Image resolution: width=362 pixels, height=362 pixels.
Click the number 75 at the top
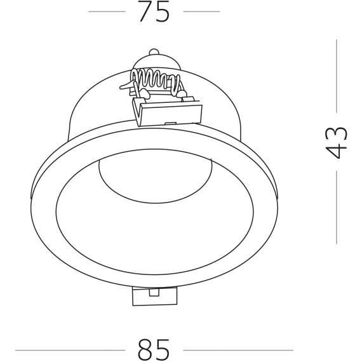click(154, 12)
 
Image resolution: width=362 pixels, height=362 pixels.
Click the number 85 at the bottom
click(154, 349)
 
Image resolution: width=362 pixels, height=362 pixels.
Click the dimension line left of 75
click(106, 11)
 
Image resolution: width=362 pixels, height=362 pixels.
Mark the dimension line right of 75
click(201, 11)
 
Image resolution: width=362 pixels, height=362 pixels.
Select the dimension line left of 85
click(69, 349)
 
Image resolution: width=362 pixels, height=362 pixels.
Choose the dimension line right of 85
click(238, 349)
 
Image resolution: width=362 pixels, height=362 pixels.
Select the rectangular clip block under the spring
click(168, 112)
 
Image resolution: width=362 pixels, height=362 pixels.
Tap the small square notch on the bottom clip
click(155, 292)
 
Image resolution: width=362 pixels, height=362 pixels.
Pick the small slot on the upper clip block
click(171, 123)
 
